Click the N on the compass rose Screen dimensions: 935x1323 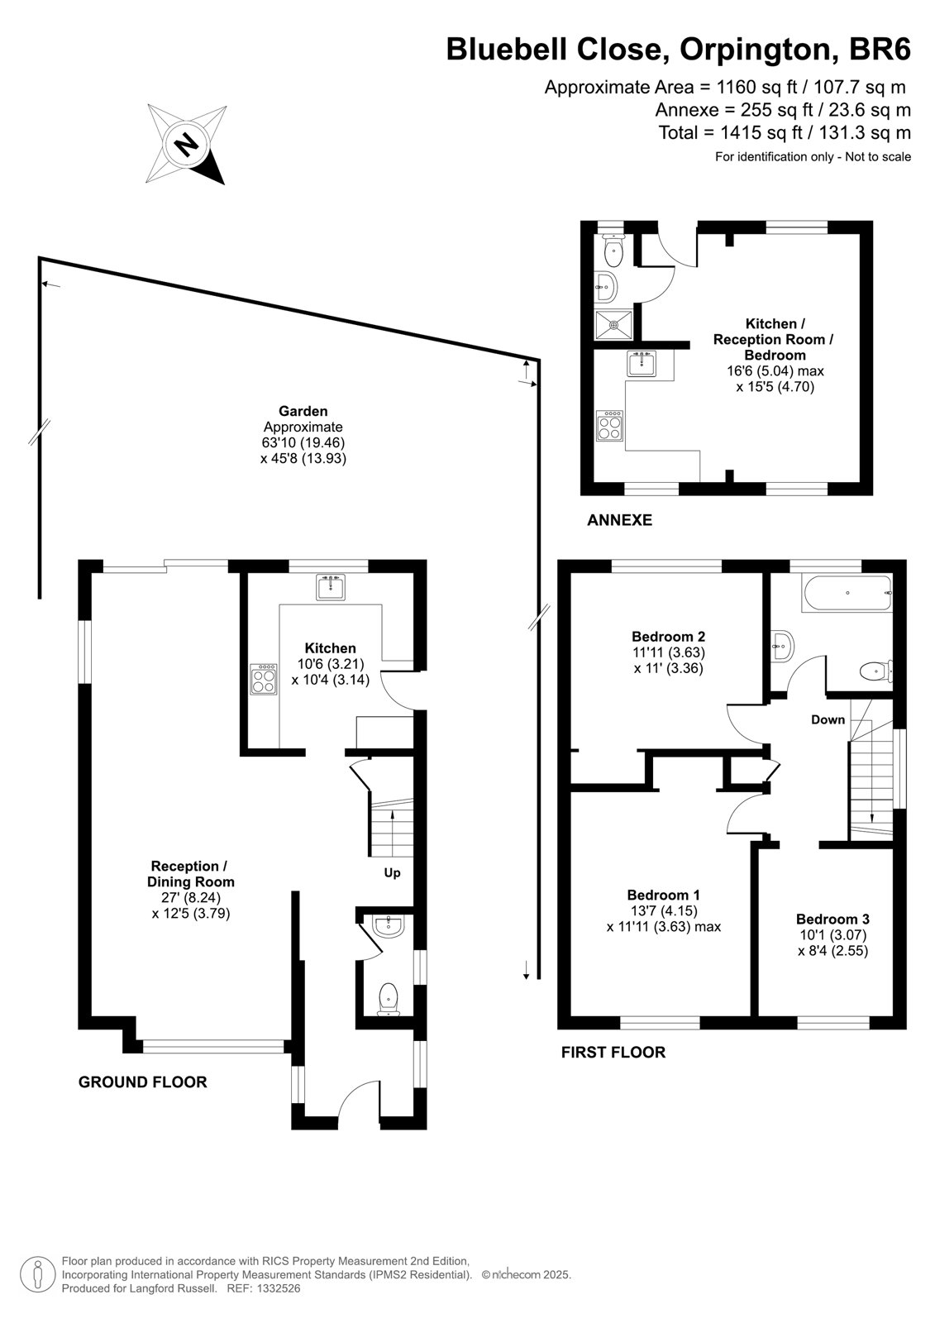[186, 144]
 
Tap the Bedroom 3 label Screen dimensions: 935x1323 [832, 919]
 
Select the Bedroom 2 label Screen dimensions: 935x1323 [668, 637]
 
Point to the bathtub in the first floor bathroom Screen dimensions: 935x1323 [847, 594]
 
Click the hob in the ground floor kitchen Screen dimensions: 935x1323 [264, 680]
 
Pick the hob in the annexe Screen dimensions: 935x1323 [609, 426]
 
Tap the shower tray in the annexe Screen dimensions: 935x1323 [613, 325]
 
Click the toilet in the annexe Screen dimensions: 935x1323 [613, 251]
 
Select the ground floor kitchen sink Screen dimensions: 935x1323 [331, 587]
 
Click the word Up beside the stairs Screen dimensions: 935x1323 [392, 873]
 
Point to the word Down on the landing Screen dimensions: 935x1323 [828, 719]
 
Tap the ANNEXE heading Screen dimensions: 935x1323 [619, 520]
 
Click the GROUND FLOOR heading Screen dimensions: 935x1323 [143, 1082]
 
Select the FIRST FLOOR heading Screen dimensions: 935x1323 [613, 1052]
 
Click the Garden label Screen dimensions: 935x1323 [303, 411]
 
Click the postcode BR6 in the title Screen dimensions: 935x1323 [880, 49]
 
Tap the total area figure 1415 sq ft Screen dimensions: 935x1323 [761, 132]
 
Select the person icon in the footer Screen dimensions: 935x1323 [38, 1275]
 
